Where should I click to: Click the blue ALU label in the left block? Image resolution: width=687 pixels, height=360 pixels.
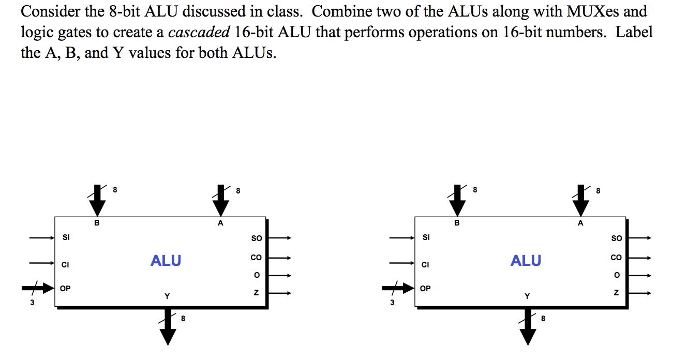tap(166, 260)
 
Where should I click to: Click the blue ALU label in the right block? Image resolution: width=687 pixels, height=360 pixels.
tap(526, 260)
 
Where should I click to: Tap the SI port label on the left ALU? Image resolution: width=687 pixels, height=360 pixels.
tap(66, 237)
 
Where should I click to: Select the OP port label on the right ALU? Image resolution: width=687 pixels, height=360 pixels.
tap(425, 288)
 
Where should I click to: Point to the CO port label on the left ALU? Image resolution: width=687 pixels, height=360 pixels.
tap(256, 258)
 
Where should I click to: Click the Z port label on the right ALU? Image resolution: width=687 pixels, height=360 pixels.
tap(616, 293)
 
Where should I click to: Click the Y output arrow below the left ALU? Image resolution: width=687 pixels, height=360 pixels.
tap(168, 326)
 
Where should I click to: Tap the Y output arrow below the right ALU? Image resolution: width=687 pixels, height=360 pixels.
tap(528, 326)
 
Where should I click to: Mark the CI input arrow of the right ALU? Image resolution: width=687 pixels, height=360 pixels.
tap(401, 263)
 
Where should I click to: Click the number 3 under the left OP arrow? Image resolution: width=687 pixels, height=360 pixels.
tap(32, 303)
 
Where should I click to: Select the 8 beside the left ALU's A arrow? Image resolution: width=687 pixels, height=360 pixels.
tap(238, 191)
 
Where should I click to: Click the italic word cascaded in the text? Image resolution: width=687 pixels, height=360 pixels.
tap(199, 32)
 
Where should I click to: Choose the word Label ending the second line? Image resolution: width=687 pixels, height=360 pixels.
tap(634, 32)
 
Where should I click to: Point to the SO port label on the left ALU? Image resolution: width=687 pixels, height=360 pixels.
tap(256, 238)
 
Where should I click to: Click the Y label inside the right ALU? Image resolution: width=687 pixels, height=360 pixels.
tap(527, 296)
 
